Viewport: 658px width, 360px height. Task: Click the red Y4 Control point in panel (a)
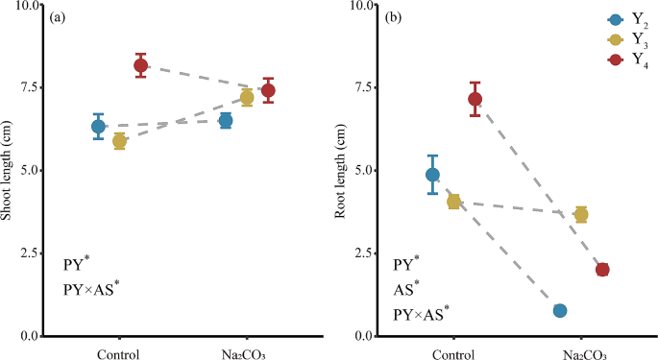click(141, 65)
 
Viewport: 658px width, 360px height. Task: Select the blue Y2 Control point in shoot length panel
click(98, 126)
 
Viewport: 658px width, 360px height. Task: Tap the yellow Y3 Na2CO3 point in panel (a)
click(247, 97)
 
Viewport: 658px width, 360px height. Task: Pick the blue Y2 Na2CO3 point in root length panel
click(560, 310)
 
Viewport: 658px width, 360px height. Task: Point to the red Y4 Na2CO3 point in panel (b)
click(602, 270)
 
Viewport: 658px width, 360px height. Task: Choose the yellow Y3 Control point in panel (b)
click(453, 202)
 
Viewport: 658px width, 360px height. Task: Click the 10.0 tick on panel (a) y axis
click(29, 5)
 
